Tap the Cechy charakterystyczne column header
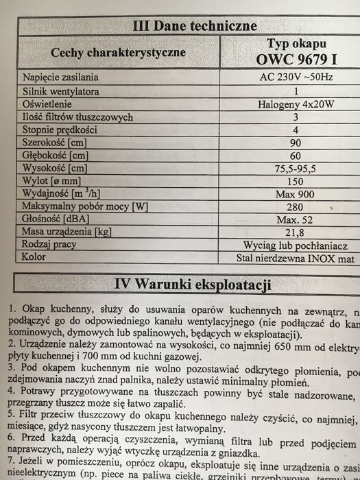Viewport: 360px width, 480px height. [x=117, y=52]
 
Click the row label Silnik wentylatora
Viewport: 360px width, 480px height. [x=61, y=91]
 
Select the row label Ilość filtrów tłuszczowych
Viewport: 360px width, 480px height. [x=77, y=117]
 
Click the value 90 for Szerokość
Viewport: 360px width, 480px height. [x=296, y=143]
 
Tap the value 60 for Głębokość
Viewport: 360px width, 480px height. [x=296, y=156]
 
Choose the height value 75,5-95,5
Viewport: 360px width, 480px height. [x=296, y=169]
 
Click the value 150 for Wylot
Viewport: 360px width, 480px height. [x=296, y=181]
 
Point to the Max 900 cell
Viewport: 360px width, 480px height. [x=296, y=194]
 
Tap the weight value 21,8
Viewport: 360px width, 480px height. [x=296, y=232]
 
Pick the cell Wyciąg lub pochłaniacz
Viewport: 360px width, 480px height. [x=296, y=245]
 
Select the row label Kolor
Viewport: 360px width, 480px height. [x=34, y=258]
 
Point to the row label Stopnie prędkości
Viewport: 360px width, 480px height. [x=60, y=130]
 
